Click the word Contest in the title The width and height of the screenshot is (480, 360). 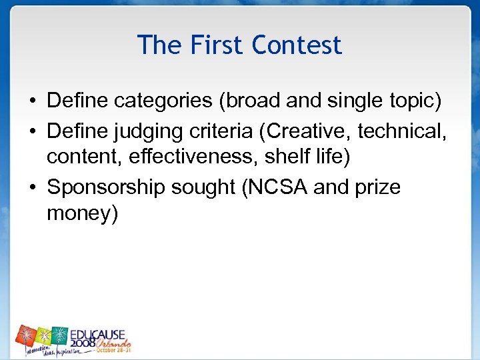(297, 45)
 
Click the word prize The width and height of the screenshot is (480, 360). (377, 188)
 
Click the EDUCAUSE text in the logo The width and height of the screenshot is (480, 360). (100, 333)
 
